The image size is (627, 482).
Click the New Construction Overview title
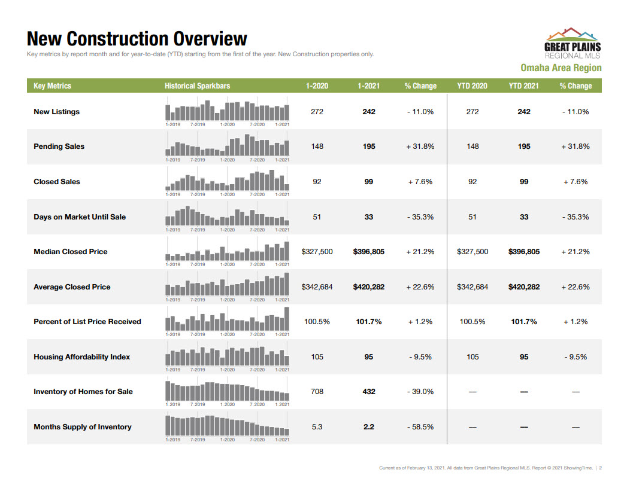(x=137, y=39)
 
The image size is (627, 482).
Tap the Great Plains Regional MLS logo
(x=572, y=42)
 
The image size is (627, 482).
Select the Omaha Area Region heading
(x=561, y=68)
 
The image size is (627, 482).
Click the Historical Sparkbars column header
(x=197, y=86)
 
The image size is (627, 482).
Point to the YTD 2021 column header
(x=524, y=86)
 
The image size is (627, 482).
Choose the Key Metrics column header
(x=52, y=86)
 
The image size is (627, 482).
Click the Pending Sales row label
(x=59, y=147)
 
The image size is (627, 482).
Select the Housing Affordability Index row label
(x=81, y=357)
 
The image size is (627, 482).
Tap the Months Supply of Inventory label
(x=82, y=427)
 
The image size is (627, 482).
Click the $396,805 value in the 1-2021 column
(x=369, y=252)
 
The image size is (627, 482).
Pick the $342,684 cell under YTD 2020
(x=472, y=287)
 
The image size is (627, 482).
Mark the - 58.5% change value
(x=420, y=427)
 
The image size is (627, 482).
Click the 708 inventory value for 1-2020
(x=317, y=392)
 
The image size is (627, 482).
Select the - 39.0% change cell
(x=420, y=392)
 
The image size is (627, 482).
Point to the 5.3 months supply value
(x=317, y=427)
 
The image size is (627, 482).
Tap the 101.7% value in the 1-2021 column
(x=369, y=322)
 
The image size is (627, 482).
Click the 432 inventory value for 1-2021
(x=369, y=392)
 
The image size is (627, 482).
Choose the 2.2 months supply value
(x=369, y=427)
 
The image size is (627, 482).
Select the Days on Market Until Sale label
(x=80, y=217)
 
